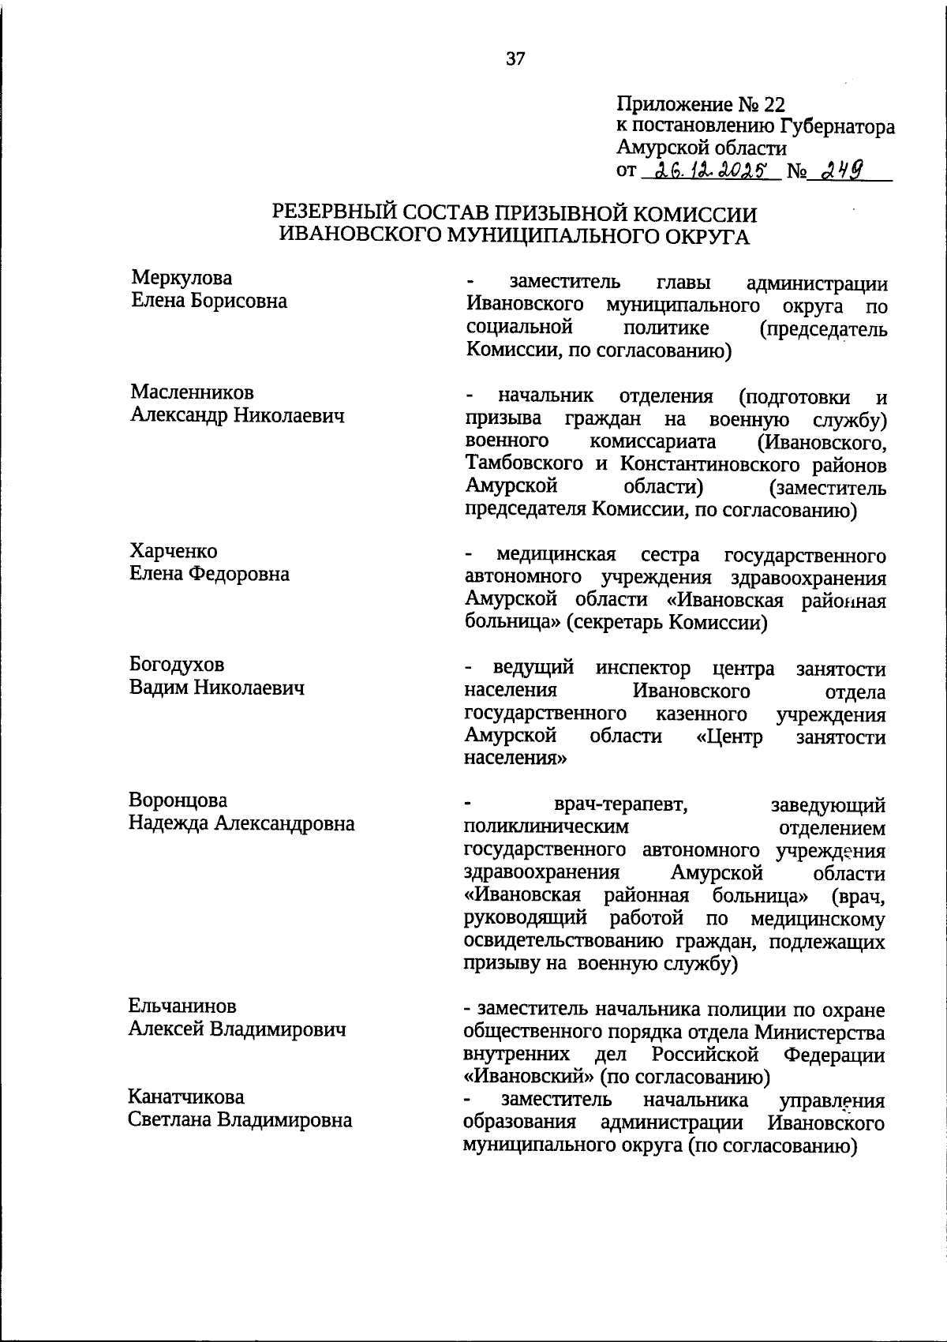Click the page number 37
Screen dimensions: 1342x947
click(515, 59)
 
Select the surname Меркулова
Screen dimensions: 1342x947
click(182, 278)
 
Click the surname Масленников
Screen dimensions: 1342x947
click(192, 392)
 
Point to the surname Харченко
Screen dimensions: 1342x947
click(174, 551)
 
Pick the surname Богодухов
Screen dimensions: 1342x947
click(177, 665)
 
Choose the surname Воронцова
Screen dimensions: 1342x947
click(178, 800)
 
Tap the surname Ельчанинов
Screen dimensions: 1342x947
click(182, 1006)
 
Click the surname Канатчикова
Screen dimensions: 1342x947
click(186, 1096)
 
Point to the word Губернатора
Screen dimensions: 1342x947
click(838, 126)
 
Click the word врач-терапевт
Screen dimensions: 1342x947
click(619, 805)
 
